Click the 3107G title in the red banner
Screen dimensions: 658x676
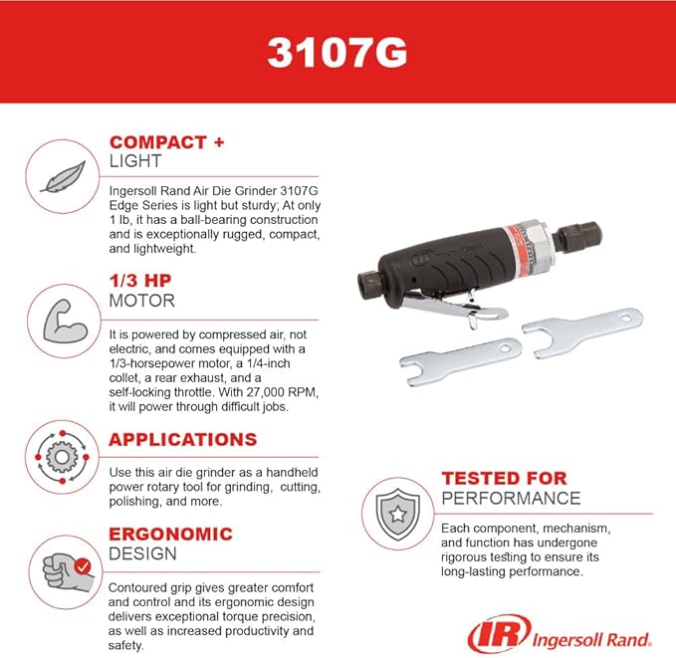pos(337,52)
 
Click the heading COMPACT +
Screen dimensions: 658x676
pos(166,142)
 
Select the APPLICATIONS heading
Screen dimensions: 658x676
pos(182,439)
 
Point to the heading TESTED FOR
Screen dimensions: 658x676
pos(504,479)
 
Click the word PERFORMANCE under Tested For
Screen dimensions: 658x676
pos(511,498)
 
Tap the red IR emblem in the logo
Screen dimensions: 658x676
pos(492,633)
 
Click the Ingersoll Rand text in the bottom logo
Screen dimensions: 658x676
pos(587,636)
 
